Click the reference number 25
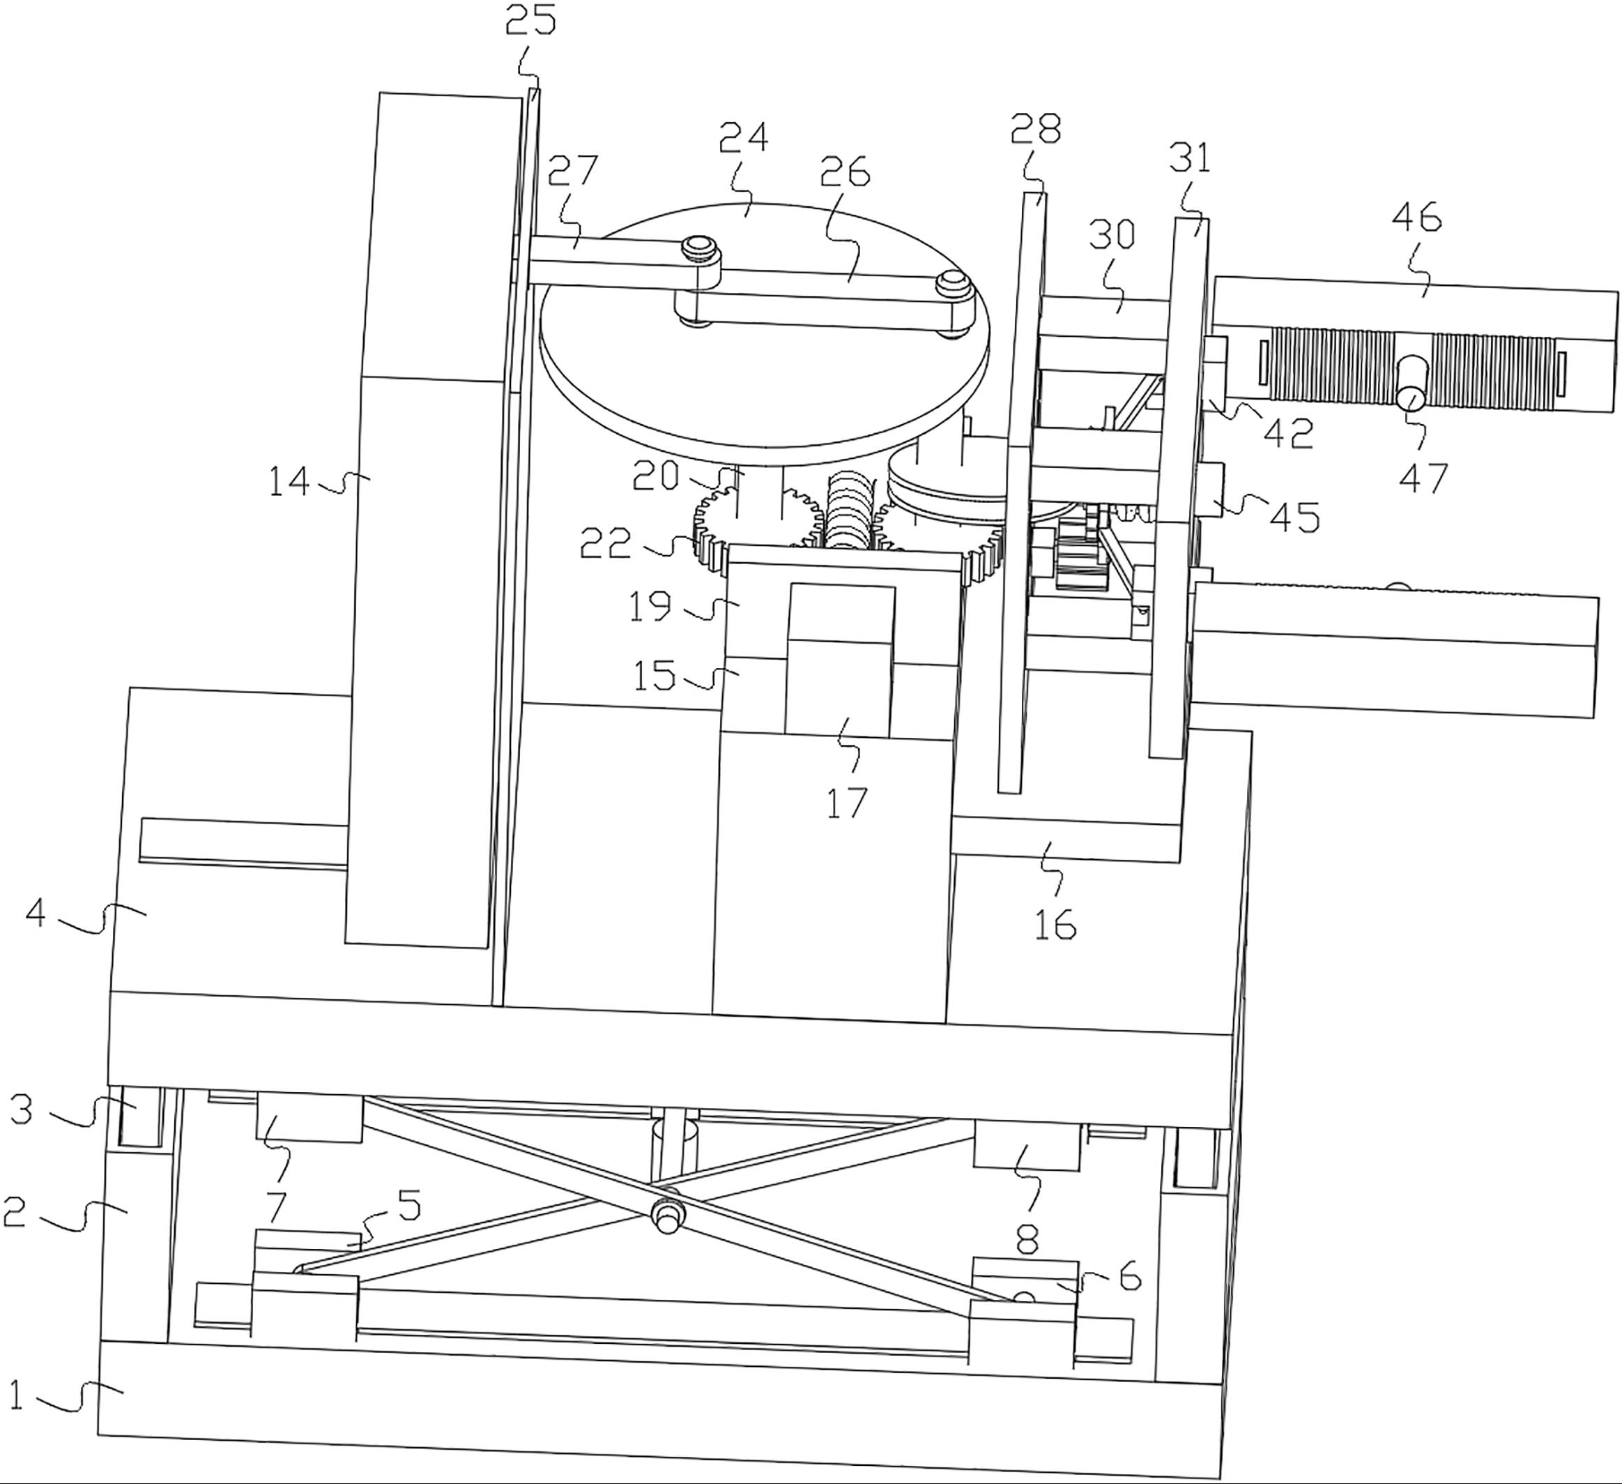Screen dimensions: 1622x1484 click(x=530, y=20)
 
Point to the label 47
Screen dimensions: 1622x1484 click(x=1423, y=478)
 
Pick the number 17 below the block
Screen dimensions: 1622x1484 click(x=846, y=803)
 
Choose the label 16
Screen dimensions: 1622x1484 click(x=1055, y=925)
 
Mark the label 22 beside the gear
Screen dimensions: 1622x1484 click(x=606, y=544)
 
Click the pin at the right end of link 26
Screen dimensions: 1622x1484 click(x=951, y=283)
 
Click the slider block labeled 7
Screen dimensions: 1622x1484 click(x=308, y=1117)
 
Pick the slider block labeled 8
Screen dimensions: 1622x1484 click(x=1027, y=1145)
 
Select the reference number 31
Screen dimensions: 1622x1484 click(x=1191, y=158)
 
